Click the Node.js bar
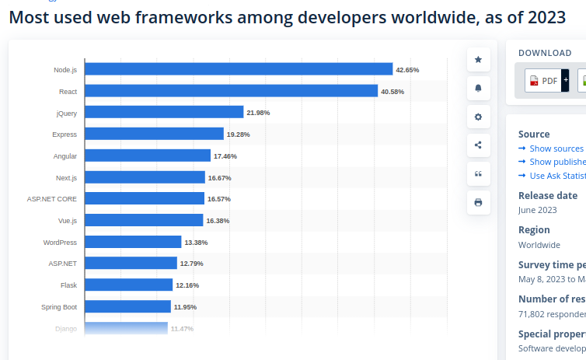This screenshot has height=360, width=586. (239, 69)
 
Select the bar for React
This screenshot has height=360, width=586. (231, 91)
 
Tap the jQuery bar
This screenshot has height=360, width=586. (164, 113)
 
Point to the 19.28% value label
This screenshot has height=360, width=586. (238, 135)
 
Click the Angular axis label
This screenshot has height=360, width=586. (65, 156)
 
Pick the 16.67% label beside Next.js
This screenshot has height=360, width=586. (219, 178)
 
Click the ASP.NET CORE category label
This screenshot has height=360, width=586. (52, 199)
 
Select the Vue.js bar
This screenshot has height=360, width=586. (144, 220)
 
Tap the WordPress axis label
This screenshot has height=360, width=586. (60, 242)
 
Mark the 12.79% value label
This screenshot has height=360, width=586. (191, 264)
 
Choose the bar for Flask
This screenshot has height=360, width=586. (128, 285)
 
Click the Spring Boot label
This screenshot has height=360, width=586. (59, 306)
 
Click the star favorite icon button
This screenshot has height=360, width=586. (478, 60)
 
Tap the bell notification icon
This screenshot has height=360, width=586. (478, 89)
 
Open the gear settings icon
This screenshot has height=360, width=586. (478, 117)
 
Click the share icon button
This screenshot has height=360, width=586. (478, 145)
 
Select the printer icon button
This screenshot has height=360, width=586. (478, 202)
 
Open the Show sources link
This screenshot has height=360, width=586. (556, 149)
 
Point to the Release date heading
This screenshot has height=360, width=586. (548, 195)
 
